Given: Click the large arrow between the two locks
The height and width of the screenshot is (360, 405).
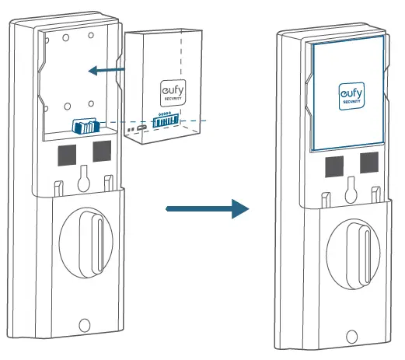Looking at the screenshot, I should pos(208,209).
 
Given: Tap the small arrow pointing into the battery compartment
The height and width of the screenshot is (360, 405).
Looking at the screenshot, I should pos(106,71).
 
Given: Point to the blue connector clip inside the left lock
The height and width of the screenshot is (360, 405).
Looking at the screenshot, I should pos(83,126).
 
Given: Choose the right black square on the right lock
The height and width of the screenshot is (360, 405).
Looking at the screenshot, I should pos(368,163).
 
